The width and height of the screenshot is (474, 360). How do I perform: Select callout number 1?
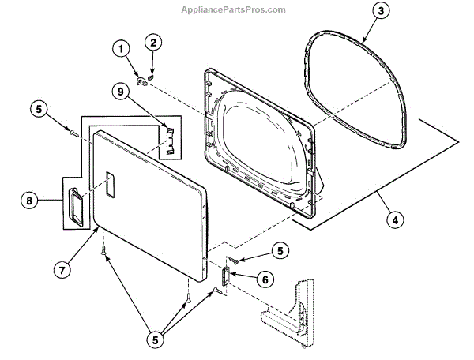tap(121, 49)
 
